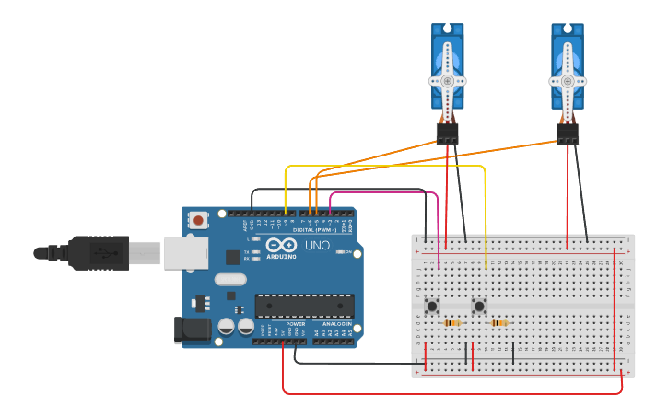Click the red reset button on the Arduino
tap(198, 220)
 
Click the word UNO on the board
tap(317, 246)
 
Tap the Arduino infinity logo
tap(281, 245)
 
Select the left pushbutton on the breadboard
tap(431, 306)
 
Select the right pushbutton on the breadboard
tap(479, 306)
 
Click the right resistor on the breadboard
tap(498, 323)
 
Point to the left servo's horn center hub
tap(448, 80)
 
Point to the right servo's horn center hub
tap(568, 80)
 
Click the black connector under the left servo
tap(448, 134)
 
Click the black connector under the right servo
tap(568, 134)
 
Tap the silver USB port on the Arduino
tap(187, 253)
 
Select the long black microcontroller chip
tap(304, 306)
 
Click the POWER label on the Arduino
tap(295, 324)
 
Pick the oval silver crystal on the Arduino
tap(230, 279)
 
